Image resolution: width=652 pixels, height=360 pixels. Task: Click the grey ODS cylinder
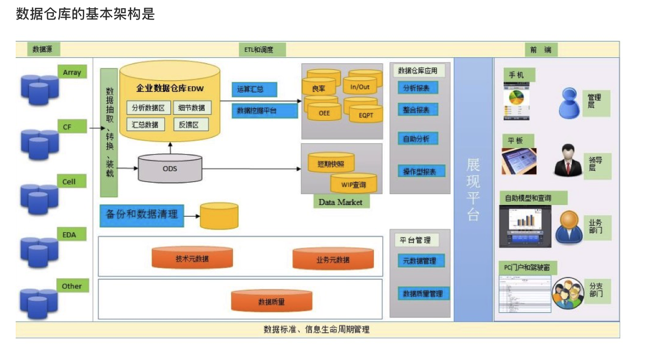(170, 168)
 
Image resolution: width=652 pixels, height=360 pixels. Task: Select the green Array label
(72, 72)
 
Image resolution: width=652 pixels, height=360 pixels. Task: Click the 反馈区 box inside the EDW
(191, 124)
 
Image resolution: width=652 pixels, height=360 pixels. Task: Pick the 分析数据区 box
(148, 108)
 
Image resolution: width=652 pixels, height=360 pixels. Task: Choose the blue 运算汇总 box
(254, 90)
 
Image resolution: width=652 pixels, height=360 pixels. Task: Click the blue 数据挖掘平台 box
(264, 111)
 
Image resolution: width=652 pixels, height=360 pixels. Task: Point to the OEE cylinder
(324, 112)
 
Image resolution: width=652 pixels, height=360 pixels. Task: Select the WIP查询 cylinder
(353, 184)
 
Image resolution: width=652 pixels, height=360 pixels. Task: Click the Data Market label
(341, 202)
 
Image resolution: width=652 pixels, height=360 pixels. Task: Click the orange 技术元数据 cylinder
(192, 258)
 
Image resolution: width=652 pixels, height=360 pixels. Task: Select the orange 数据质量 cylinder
(271, 301)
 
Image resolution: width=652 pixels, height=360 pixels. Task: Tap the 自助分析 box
(417, 139)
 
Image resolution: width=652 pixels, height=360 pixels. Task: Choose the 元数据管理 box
(420, 261)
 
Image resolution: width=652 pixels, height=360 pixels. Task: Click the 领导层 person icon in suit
(568, 159)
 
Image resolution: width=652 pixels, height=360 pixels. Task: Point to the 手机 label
(519, 75)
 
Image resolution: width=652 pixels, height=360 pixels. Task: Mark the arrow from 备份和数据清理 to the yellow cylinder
(193, 216)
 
